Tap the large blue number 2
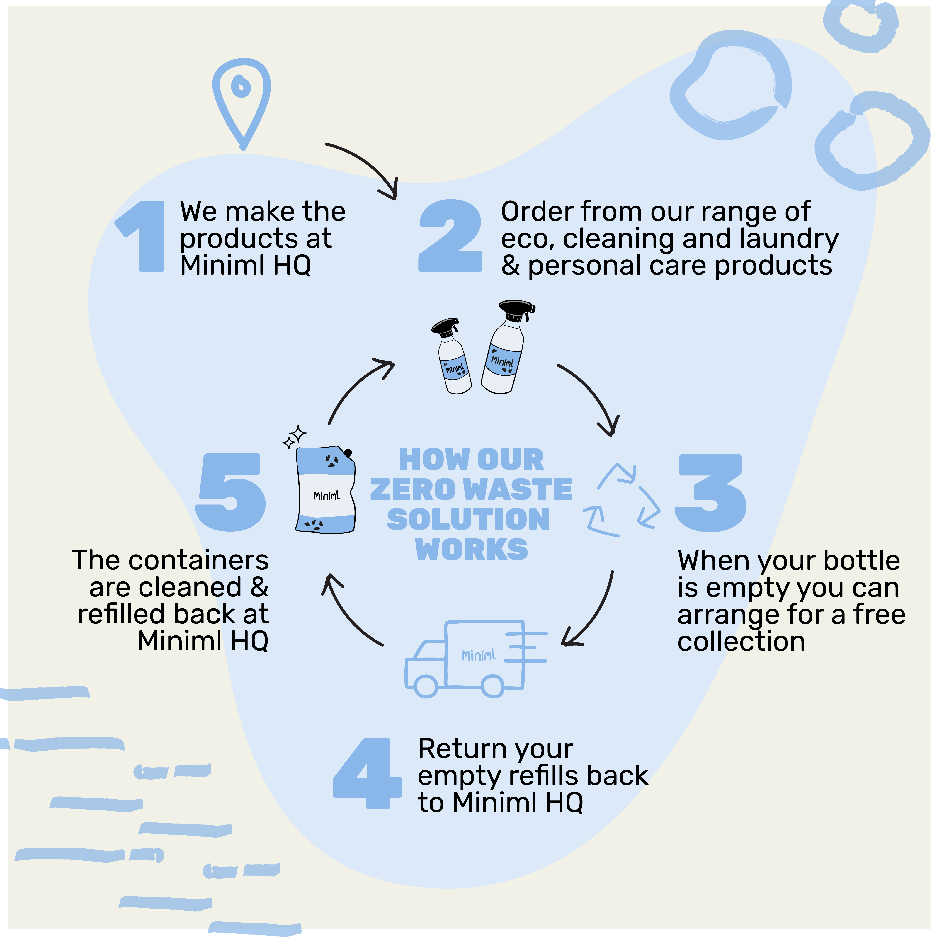pyautogui.click(x=450, y=236)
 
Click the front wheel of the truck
pyautogui.click(x=426, y=686)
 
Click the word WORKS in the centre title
pyautogui.click(x=471, y=549)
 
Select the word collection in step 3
pyautogui.click(x=741, y=642)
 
